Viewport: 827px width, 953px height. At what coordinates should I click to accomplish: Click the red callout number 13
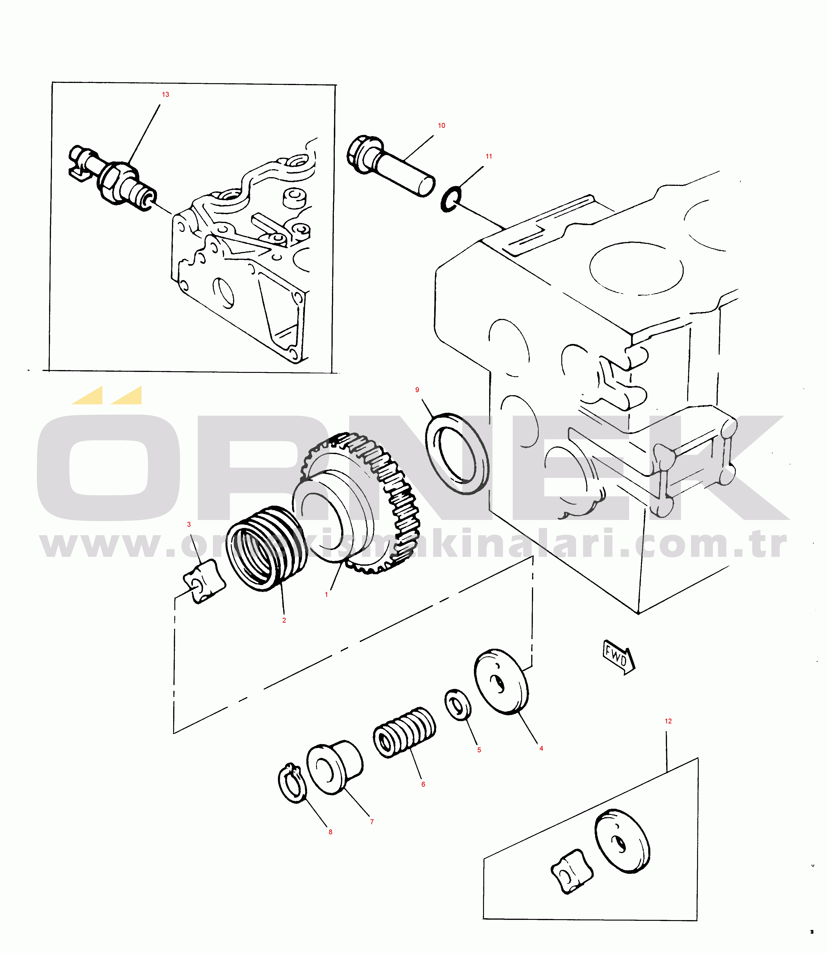click(x=165, y=95)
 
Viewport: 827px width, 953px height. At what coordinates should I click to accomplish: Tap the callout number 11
click(x=489, y=156)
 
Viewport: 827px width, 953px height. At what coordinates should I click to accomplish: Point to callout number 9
click(x=417, y=390)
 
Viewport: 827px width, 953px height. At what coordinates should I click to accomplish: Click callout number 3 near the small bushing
click(x=189, y=524)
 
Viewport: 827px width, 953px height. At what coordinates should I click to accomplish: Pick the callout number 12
click(x=668, y=721)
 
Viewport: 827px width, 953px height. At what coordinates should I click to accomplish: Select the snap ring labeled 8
click(x=292, y=783)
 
